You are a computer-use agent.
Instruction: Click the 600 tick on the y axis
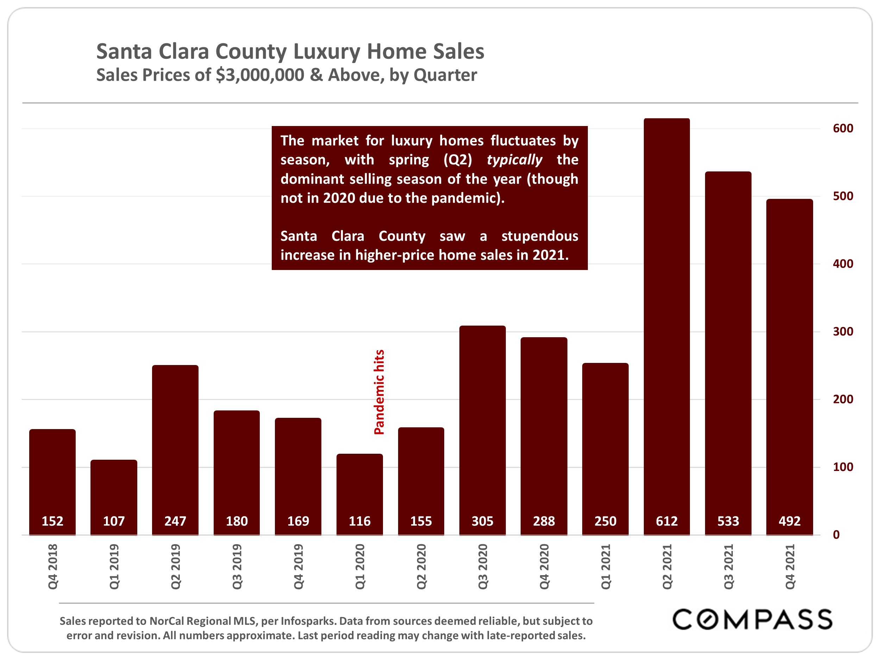843,128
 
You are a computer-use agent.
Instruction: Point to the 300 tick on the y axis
843,331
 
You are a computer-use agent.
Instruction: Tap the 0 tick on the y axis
836,535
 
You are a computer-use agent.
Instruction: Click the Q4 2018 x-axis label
53,566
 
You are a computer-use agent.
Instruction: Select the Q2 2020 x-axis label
421,566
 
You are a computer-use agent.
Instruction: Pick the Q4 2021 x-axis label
790,566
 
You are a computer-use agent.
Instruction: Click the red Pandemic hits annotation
379,392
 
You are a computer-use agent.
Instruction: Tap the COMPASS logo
752,620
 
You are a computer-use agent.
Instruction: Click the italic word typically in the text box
514,160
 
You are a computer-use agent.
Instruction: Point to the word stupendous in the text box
540,236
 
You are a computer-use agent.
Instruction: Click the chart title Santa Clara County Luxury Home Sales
290,52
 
